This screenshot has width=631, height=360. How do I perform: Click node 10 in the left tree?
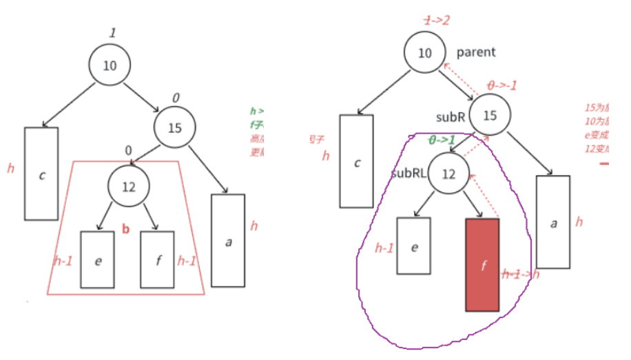(x=110, y=65)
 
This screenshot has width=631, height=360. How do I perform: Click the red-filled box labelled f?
(x=482, y=265)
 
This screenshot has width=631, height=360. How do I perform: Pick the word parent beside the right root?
(x=477, y=52)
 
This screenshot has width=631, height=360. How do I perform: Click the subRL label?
(x=408, y=173)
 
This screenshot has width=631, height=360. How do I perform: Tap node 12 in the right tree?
(x=448, y=174)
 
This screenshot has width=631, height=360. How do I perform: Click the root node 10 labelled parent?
(x=425, y=54)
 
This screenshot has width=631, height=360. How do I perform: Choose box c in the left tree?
(x=41, y=173)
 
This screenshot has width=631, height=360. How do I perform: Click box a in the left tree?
(x=228, y=240)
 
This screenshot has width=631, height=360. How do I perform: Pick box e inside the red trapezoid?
(x=98, y=260)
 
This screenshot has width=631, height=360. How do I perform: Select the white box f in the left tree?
(x=157, y=260)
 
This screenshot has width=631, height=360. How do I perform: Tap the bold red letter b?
(x=125, y=229)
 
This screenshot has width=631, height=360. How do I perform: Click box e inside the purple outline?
(x=414, y=246)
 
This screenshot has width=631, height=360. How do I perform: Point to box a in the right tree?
(x=552, y=222)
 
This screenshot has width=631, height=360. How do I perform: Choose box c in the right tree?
(x=357, y=161)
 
